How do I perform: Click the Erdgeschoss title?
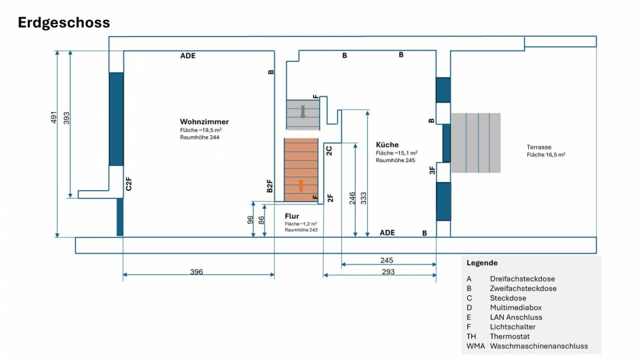pos(63,23)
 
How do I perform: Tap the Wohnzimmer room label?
pos(204,121)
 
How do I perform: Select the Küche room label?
pos(387,144)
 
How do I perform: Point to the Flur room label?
pos(291,216)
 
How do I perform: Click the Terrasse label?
pos(539,147)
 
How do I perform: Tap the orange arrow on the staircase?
pos(300,185)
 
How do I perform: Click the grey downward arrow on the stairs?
pos(303,111)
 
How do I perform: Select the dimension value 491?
pos(53,117)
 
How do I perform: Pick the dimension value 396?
pos(196,271)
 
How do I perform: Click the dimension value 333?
pos(363,198)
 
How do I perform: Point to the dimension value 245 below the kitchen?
pos(386,260)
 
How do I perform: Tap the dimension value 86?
pos(261,220)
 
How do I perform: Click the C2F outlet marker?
pos(128,183)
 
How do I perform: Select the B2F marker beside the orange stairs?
pos(269,185)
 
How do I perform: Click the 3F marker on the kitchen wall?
pos(432,170)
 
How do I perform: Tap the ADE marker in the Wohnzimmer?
pos(187,55)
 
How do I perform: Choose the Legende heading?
pos(482,263)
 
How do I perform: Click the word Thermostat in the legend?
pos(509,336)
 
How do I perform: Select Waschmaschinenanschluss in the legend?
pos(539,346)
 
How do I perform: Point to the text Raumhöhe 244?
pos(199,137)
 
